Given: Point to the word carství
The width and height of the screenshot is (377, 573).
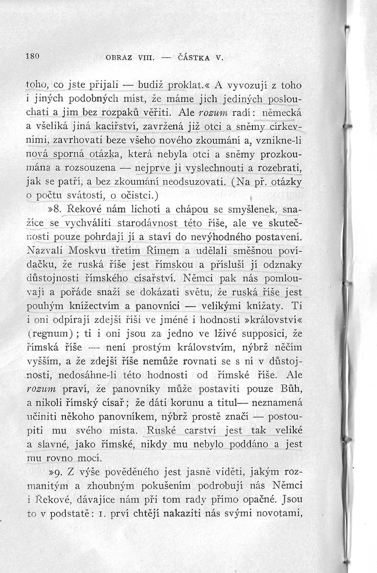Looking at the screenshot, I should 206,432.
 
